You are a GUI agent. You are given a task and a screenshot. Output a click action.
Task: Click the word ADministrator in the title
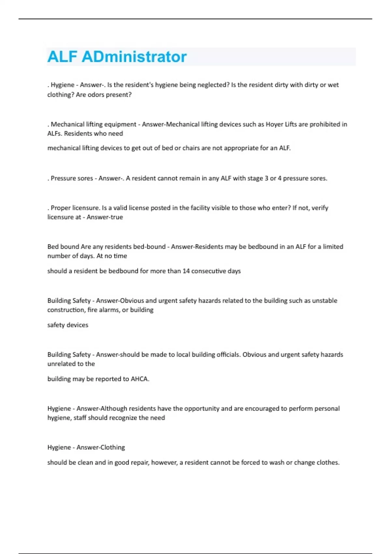point(134,57)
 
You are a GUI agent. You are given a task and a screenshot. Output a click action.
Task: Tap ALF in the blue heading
point(62,57)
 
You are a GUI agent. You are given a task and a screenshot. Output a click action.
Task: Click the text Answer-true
point(105,217)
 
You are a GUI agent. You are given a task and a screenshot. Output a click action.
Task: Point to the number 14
point(186,271)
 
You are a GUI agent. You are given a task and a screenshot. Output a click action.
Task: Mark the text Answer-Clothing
point(101,447)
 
